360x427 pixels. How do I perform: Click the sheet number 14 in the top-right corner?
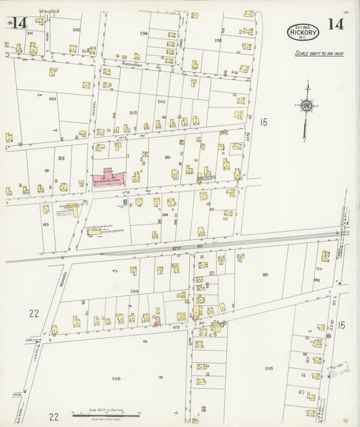point(336,25)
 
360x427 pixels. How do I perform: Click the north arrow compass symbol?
point(307,106)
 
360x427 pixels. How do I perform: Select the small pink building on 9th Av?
point(157,320)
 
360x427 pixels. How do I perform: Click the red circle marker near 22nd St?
point(328,336)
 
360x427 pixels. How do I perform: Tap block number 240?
point(76,30)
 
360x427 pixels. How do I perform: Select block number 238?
point(218,41)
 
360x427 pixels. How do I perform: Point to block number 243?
point(52,99)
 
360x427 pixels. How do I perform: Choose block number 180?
point(265,274)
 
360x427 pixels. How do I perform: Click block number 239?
point(144,33)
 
